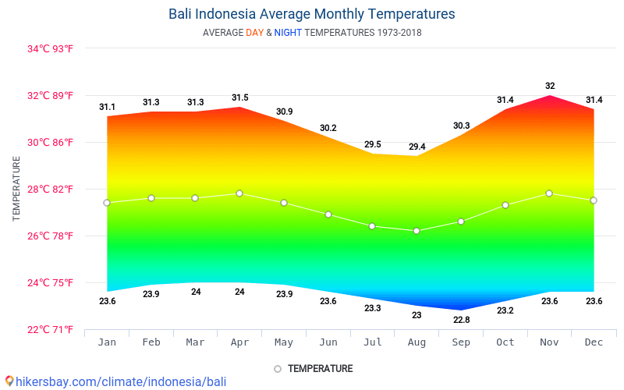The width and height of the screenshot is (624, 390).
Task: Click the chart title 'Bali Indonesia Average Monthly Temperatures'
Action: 311,14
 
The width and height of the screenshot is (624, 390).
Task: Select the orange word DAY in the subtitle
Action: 254,33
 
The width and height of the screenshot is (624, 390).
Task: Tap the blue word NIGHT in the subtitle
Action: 288,33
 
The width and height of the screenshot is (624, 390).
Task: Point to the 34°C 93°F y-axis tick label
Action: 50,49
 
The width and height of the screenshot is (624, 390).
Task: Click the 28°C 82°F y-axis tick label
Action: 50,190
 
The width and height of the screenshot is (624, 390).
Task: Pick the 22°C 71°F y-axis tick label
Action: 50,330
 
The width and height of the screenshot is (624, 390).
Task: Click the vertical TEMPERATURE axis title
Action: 16,188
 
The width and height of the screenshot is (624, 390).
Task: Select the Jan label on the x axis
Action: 107,342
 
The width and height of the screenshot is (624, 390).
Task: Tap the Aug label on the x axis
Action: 417,342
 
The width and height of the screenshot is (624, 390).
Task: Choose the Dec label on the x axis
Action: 594,342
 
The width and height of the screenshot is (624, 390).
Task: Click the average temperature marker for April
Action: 239,193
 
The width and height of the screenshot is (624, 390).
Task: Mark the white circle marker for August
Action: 417,231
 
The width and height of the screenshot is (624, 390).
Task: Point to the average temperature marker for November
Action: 549,193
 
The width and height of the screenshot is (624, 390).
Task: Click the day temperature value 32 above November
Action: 550,86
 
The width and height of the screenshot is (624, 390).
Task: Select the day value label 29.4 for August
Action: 417,147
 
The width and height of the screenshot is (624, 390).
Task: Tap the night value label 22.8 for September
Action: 461,320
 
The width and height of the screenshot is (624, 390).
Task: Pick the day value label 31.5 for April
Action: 239,97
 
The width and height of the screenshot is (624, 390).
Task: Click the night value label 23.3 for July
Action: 373,308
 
